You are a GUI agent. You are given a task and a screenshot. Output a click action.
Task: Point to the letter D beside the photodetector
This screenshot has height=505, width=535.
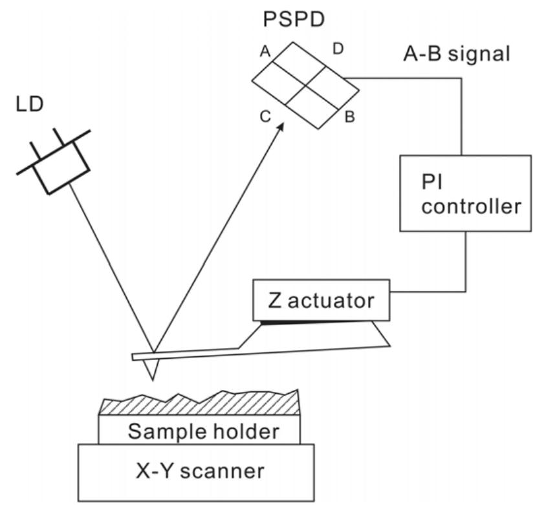(338, 49)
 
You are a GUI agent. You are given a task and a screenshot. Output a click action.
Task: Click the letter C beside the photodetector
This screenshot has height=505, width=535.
(265, 116)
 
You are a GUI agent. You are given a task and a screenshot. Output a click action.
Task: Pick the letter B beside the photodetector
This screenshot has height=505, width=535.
(349, 118)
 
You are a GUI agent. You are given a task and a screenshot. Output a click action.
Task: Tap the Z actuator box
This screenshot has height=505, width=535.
(322, 301)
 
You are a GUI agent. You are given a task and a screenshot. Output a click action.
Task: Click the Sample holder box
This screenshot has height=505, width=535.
(199, 430)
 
